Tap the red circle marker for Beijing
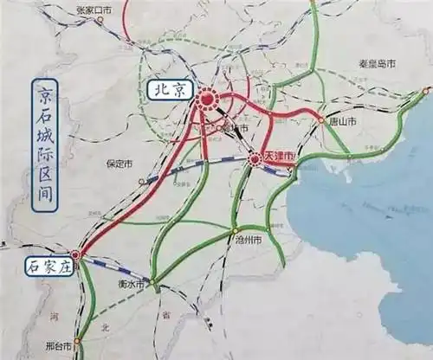pos(206,100)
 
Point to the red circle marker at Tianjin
pos(255,159)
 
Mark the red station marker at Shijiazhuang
pos(76,255)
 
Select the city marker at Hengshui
pos(152,281)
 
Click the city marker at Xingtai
pos(77,341)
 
